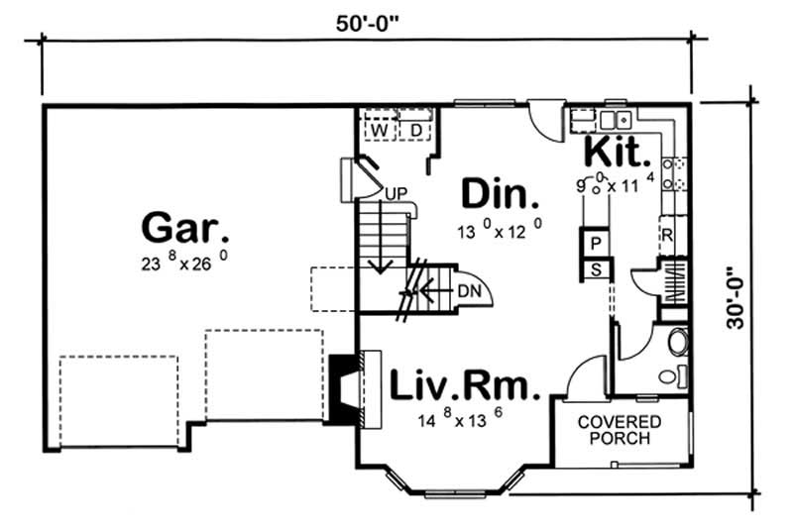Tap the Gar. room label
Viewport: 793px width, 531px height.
186,229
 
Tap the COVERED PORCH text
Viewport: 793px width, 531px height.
620,429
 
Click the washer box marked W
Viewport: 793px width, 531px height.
379,130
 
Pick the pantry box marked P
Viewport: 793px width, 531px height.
597,243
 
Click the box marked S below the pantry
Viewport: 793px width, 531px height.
597,267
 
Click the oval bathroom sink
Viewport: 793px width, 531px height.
679,343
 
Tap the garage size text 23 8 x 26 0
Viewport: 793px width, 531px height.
187,264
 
